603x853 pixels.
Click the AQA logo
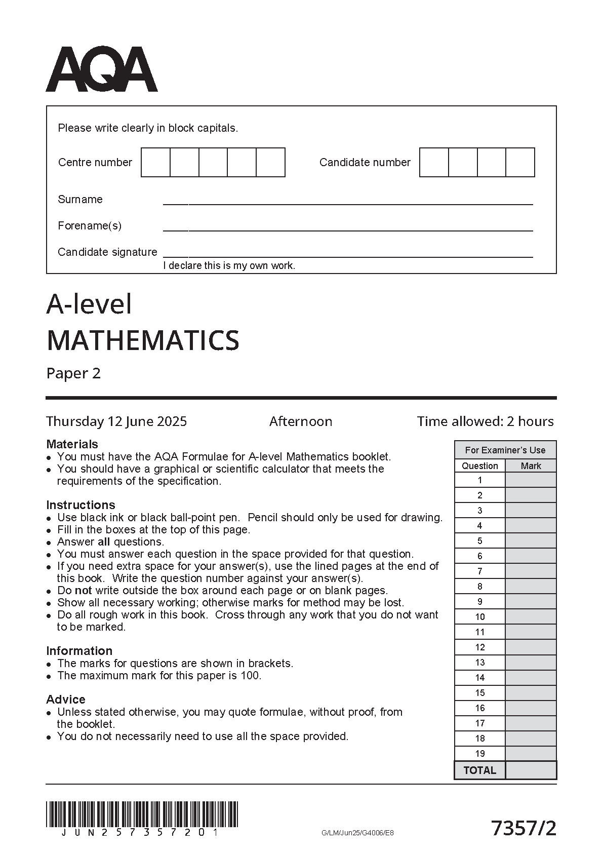coord(101,69)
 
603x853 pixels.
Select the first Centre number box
coord(155,162)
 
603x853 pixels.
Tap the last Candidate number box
coord(520,162)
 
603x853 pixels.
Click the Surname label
coord(80,199)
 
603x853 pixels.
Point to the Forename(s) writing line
coord(347,229)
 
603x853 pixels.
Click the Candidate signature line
coord(347,256)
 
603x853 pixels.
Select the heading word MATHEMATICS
coord(143,340)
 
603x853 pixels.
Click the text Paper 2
coord(73,373)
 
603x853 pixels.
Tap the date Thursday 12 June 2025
coord(116,421)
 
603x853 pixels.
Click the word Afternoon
coord(301,421)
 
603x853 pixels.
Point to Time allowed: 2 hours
coord(485,421)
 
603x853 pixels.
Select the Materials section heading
coord(72,444)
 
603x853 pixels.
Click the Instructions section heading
coord(81,505)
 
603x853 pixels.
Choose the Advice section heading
coord(66,700)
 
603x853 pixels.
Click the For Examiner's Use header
coord(505,450)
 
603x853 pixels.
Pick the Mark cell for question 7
coord(531,571)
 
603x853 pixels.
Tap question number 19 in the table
coord(480,753)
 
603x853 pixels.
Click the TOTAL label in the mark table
coord(480,770)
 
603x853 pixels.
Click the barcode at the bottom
coord(142,814)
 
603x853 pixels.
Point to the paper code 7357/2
coord(524,829)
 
